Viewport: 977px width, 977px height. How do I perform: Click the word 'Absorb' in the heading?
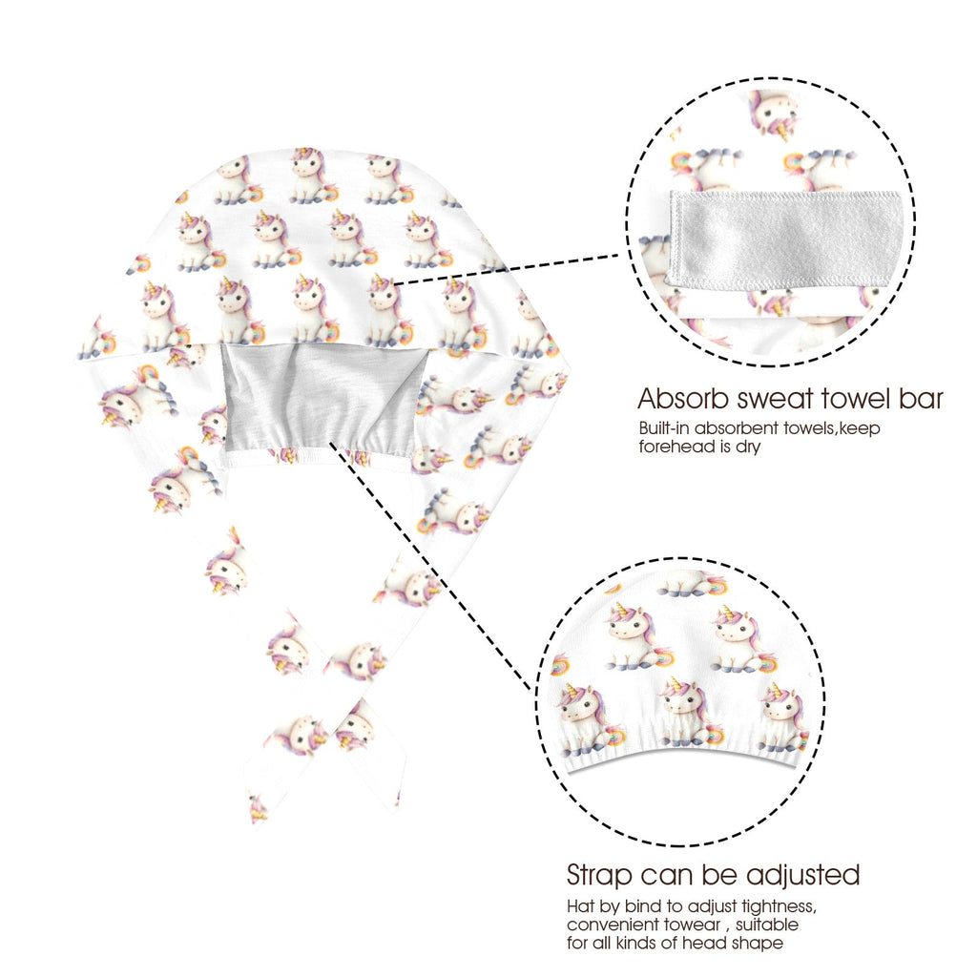[x=682, y=399]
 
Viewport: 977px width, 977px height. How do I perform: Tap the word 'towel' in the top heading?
[x=855, y=399]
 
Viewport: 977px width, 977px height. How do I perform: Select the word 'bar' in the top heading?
[x=921, y=399]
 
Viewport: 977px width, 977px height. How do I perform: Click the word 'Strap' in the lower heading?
[x=599, y=876]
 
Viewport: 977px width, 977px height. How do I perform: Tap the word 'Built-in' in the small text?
[x=664, y=428]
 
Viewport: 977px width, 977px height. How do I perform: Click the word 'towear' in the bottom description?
[x=692, y=925]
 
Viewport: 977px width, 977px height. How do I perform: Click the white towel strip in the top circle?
[x=785, y=240]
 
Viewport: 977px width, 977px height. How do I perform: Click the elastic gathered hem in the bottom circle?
[x=683, y=757]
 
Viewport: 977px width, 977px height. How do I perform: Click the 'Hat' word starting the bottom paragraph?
[x=579, y=906]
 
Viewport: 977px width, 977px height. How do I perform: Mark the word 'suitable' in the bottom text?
[x=767, y=925]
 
